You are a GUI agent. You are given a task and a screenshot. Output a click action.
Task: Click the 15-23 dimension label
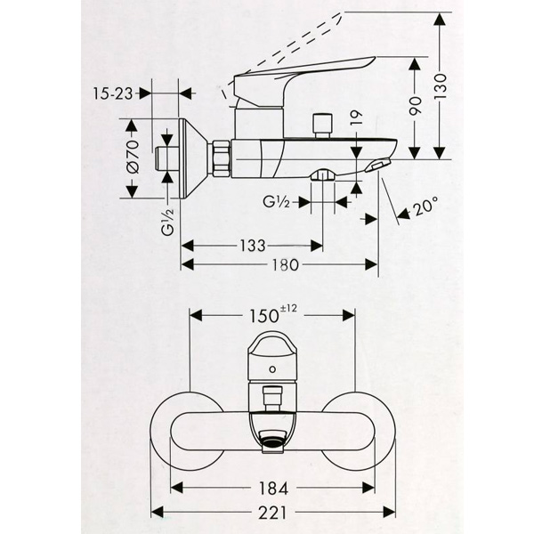(114, 92)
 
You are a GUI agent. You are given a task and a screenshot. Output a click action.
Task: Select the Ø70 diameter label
(131, 158)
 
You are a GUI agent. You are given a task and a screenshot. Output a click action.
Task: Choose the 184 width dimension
(274, 488)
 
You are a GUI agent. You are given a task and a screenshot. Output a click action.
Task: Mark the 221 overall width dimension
(274, 512)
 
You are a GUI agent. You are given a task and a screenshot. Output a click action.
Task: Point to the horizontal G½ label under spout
(275, 203)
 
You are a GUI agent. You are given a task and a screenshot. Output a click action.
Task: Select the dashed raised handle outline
(294, 53)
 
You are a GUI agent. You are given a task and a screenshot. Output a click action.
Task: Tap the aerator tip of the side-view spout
(379, 167)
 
